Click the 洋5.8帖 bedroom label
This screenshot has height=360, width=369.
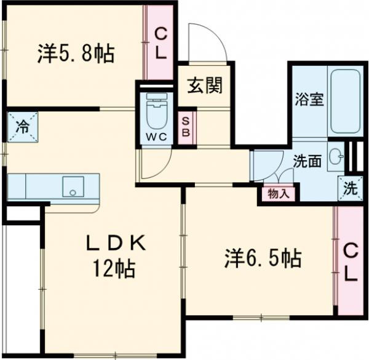click(x=75, y=54)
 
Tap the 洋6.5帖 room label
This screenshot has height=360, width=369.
click(x=262, y=259)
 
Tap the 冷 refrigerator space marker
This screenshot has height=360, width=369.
click(x=22, y=127)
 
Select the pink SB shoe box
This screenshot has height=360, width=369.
click(x=185, y=128)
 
